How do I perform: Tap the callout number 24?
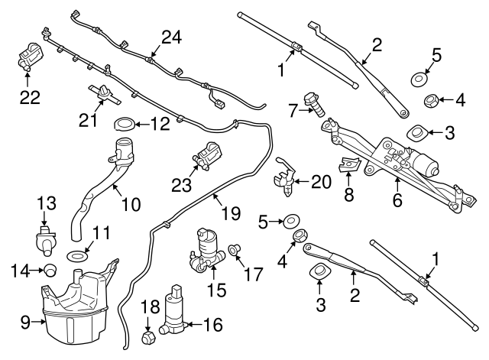click(172, 36)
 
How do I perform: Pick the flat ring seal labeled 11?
click(76, 255)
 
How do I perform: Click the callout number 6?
click(398, 202)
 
